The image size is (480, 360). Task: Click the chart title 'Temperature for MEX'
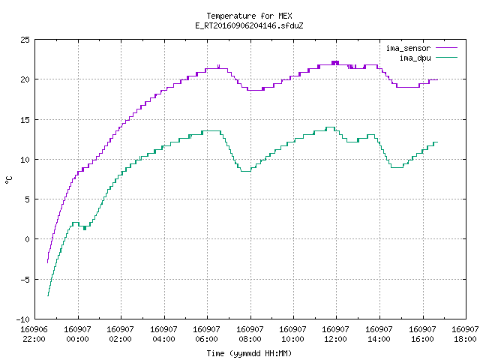(249, 16)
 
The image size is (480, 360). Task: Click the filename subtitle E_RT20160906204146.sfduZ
(249, 25)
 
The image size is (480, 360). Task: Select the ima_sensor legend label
(408, 48)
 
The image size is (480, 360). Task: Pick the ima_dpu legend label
(415, 58)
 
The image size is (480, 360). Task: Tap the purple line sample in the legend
(447, 48)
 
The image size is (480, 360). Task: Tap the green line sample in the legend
(447, 58)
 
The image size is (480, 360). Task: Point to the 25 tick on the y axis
(25, 40)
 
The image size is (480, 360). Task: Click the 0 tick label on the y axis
(27, 239)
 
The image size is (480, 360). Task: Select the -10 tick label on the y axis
(23, 319)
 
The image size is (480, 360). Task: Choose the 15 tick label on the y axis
(25, 120)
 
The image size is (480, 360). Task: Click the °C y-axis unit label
(8, 180)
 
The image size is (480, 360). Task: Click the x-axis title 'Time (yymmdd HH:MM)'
(249, 353)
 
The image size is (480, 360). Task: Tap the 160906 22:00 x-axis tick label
(34, 334)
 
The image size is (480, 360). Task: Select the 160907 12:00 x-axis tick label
(335, 334)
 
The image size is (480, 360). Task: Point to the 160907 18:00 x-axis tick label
(465, 334)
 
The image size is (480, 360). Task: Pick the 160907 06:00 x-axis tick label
(206, 334)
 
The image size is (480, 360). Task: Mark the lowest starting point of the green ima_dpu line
(48, 295)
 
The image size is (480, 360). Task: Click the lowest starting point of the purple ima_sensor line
(47, 262)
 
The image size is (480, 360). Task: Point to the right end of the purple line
(438, 80)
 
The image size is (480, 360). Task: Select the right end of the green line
(438, 142)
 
